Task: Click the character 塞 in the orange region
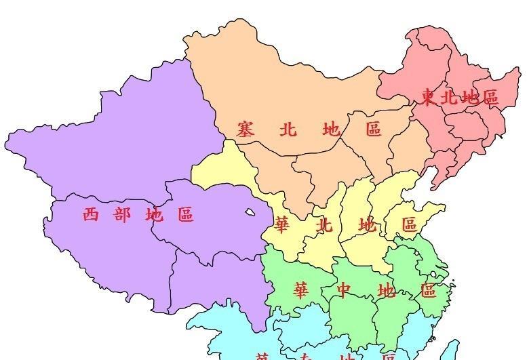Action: click(x=245, y=129)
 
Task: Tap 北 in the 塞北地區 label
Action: click(x=288, y=129)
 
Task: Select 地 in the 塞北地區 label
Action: click(x=331, y=129)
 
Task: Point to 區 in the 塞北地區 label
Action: click(x=374, y=129)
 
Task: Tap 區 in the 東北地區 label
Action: click(x=490, y=98)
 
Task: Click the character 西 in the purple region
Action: click(x=92, y=215)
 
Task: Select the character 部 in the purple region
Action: click(x=123, y=215)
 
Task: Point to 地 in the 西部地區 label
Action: click(x=154, y=215)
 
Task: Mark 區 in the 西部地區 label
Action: click(x=186, y=215)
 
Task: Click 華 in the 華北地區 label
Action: click(x=283, y=224)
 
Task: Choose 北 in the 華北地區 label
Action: click(x=325, y=224)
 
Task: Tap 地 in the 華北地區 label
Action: click(x=367, y=224)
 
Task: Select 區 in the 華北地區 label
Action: click(x=409, y=224)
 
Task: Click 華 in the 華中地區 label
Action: click(x=300, y=291)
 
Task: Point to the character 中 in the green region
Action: click(x=345, y=291)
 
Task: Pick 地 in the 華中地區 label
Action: click(x=387, y=291)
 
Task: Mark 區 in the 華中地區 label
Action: click(x=428, y=291)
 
